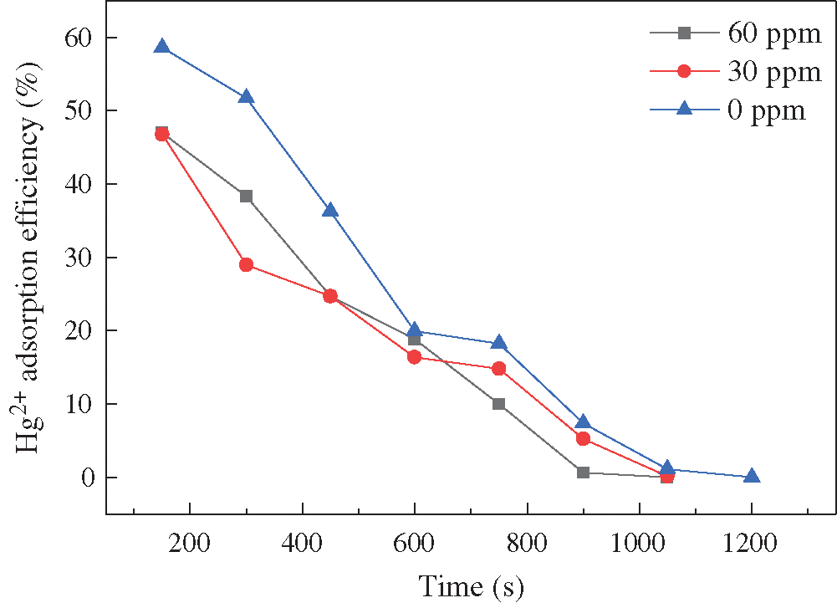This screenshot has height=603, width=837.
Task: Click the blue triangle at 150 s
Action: coord(162,47)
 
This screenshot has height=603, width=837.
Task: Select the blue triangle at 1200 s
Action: coord(752,476)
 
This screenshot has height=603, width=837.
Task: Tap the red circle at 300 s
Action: coord(246,265)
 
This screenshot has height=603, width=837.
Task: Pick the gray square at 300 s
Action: coord(246,197)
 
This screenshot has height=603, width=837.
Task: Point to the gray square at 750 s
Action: coord(499,404)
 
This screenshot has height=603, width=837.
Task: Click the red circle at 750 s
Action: coord(499,369)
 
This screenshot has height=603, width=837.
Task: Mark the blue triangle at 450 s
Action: coord(330,210)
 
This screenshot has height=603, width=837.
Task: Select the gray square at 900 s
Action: coord(583,473)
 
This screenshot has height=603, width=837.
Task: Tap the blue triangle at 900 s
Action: coord(584,422)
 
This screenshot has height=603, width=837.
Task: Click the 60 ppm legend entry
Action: coord(736,34)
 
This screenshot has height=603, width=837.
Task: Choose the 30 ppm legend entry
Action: coord(736,72)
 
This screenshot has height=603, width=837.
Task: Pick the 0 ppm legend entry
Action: coord(736,110)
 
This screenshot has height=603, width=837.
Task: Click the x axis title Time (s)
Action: coord(471,585)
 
